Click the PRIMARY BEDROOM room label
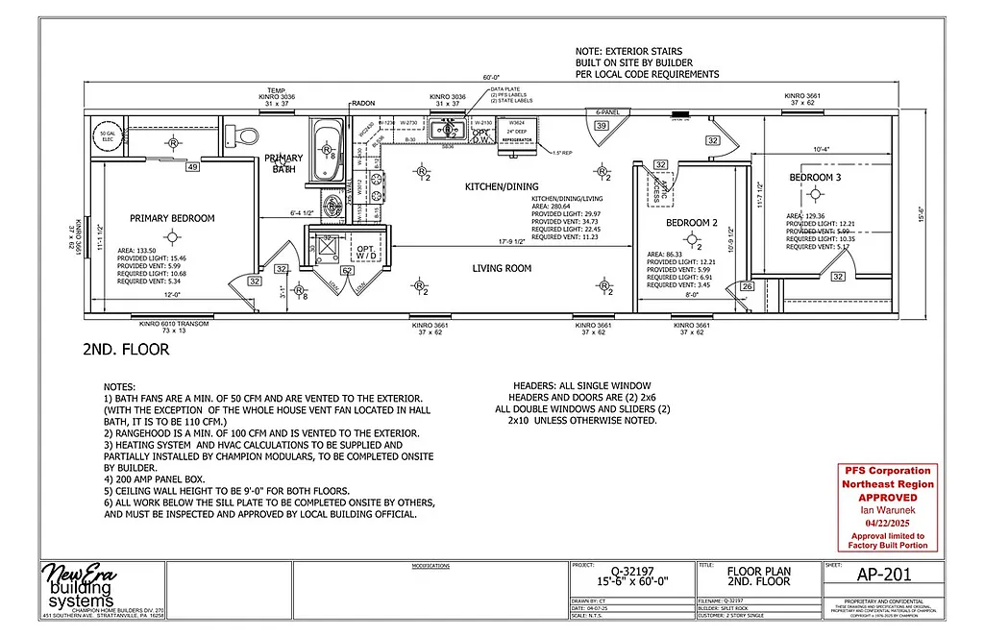coord(172,218)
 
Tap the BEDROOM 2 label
coord(693,223)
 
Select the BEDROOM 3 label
coord(816,179)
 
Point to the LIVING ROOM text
coord(502,268)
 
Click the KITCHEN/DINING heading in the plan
coord(502,185)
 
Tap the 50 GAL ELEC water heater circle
coord(103,136)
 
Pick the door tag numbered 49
coord(192,167)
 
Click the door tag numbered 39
coord(601,126)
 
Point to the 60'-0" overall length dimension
coord(491,77)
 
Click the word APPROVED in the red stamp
coord(886,499)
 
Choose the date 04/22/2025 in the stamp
coord(886,524)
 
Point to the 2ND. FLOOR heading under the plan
coord(126,351)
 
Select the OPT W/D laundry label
coord(366,252)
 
